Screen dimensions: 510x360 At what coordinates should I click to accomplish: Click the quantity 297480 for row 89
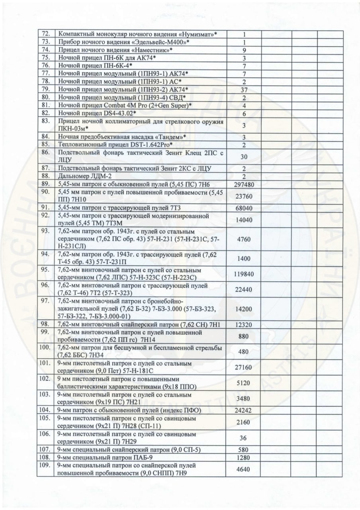[243, 184]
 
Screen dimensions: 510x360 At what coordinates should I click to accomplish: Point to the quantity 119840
[243, 275]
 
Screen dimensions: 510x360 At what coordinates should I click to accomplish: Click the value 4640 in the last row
[243, 469]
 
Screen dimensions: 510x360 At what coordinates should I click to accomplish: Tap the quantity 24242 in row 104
[243, 410]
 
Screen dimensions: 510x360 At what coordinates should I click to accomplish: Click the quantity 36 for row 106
[243, 438]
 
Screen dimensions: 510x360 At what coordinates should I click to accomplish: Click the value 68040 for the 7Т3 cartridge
[243, 207]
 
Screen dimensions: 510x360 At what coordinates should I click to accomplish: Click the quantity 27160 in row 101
[243, 367]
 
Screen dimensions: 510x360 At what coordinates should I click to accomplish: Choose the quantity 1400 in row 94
[243, 259]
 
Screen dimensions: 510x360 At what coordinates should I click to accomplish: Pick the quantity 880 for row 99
[243, 336]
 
